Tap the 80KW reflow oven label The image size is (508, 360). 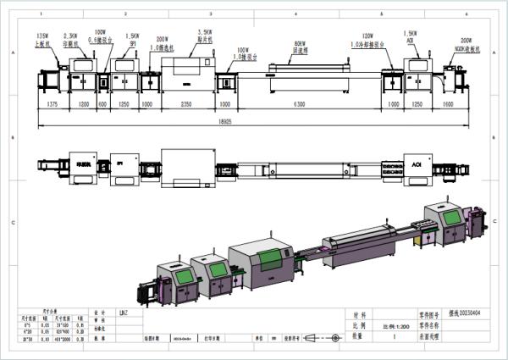pos(299,43)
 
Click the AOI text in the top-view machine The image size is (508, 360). pos(416,159)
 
